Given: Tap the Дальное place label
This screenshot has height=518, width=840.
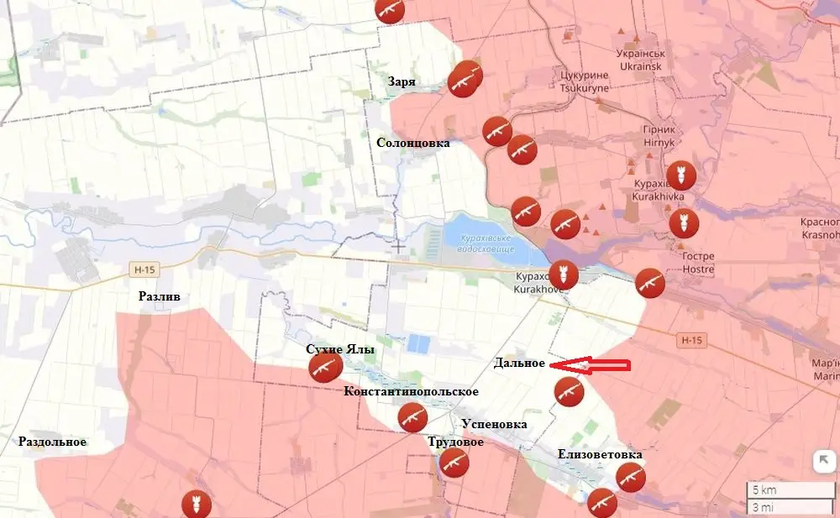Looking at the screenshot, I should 519,363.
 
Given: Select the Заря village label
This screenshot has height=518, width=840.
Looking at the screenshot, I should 402,81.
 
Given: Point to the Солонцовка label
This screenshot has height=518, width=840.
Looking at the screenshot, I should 412,143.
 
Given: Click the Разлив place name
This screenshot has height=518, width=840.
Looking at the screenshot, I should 160,296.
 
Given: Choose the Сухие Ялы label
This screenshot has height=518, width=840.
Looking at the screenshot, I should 340,348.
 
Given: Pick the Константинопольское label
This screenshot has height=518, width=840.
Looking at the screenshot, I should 411,391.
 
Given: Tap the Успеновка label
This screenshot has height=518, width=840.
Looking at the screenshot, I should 494,424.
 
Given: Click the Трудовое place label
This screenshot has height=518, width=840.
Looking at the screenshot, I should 455,442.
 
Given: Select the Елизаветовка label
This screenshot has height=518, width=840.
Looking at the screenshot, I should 600,454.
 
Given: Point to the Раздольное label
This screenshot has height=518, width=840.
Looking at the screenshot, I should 53,442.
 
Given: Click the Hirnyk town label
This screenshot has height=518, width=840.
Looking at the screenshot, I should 659,142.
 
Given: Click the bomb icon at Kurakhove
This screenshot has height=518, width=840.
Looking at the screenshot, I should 563,275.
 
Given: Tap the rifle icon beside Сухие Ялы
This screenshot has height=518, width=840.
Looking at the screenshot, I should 324,368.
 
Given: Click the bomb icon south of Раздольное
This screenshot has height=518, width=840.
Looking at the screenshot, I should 196,504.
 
